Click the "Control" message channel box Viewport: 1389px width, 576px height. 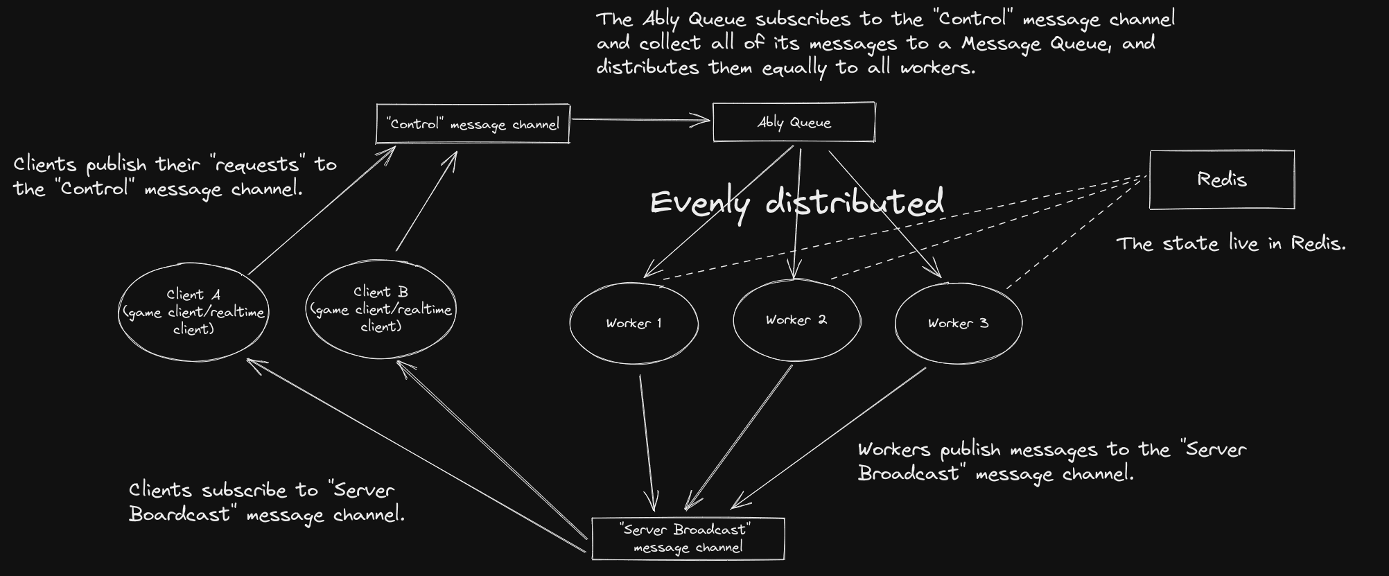473,124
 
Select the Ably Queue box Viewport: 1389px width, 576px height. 794,123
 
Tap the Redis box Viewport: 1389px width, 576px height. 1221,180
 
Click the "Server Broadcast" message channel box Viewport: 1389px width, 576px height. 688,539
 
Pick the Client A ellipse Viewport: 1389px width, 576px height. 193,312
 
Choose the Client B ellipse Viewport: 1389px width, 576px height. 381,309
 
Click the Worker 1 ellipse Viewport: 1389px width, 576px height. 634,323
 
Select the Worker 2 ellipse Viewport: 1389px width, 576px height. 796,320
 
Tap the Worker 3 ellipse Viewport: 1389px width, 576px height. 958,323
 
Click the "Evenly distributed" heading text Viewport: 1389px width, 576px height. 796,202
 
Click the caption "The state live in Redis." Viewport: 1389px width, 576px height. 1230,244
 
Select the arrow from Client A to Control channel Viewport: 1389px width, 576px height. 321,211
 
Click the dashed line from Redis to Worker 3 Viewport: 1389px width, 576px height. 1074,232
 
